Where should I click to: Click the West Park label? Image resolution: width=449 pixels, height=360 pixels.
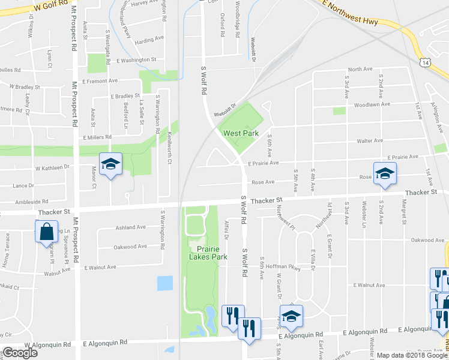click(240, 133)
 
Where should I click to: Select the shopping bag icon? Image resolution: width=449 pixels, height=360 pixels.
click(46, 232)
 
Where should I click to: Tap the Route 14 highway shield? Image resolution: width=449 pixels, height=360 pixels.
click(425, 62)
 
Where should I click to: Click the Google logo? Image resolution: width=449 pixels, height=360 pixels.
click(20, 353)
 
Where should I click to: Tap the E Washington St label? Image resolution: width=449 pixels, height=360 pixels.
click(136, 60)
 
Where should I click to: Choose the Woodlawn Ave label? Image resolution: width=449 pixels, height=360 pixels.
click(369, 104)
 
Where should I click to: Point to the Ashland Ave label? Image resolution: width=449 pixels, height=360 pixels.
click(130, 227)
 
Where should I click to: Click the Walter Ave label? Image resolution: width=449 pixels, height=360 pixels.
click(370, 140)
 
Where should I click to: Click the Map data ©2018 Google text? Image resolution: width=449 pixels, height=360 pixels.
click(411, 355)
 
